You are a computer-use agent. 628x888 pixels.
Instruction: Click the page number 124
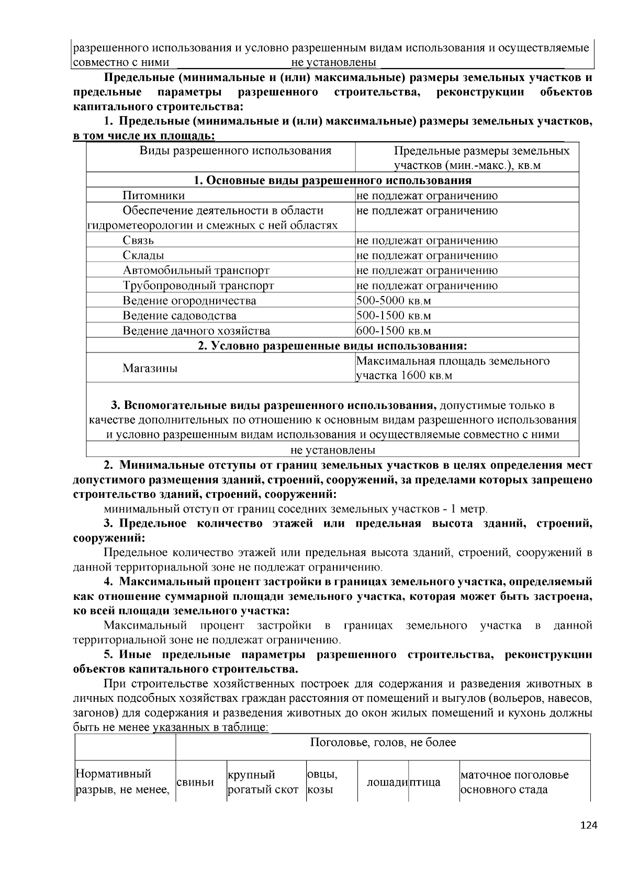coord(589,826)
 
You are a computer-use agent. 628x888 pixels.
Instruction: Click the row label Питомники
coord(153,196)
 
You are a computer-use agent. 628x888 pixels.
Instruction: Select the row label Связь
coord(138,241)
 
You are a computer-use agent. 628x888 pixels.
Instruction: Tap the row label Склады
coord(143,256)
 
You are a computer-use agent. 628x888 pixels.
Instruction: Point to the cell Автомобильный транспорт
coord(196,271)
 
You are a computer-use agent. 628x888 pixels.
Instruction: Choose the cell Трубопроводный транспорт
coord(198,286)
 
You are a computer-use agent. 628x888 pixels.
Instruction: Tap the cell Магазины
coord(150,368)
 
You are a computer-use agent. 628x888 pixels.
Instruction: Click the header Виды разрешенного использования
coord(235,151)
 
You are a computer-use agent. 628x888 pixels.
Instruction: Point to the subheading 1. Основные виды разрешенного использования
coord(332,180)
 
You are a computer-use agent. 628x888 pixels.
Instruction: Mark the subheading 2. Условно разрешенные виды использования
coord(332,346)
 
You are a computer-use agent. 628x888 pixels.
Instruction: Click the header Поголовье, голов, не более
coord(383,743)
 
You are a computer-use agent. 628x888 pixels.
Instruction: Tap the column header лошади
coord(387,782)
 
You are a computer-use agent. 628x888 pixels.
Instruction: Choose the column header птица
coord(424,782)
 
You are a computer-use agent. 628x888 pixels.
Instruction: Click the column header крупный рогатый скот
coord(263,782)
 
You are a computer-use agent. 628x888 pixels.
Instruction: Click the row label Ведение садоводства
coord(180,316)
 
